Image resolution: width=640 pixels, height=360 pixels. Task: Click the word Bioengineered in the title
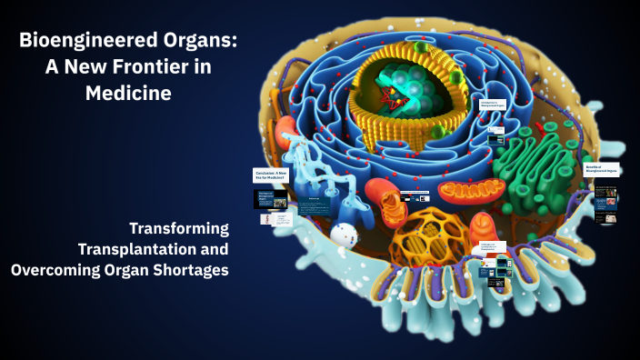tap(78, 41)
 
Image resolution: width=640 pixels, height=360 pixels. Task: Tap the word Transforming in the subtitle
tap(178, 227)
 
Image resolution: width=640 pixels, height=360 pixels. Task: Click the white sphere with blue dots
tap(343, 235)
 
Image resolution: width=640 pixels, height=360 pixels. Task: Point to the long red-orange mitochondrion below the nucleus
tap(469, 191)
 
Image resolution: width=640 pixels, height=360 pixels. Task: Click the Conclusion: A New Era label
tap(271, 176)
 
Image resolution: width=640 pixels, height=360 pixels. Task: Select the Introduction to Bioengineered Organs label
tap(493, 106)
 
